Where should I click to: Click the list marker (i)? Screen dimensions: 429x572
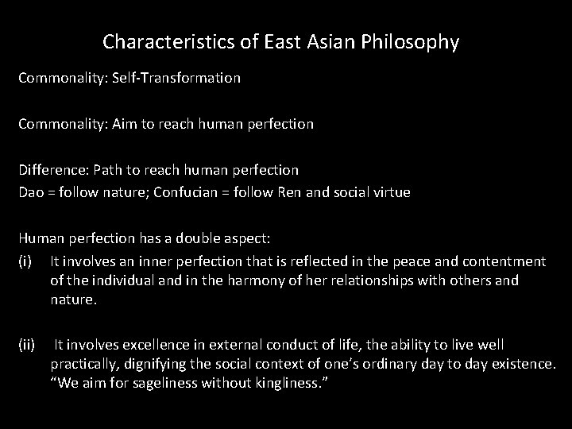coord(28,260)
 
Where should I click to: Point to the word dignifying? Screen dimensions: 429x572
coord(153,364)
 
